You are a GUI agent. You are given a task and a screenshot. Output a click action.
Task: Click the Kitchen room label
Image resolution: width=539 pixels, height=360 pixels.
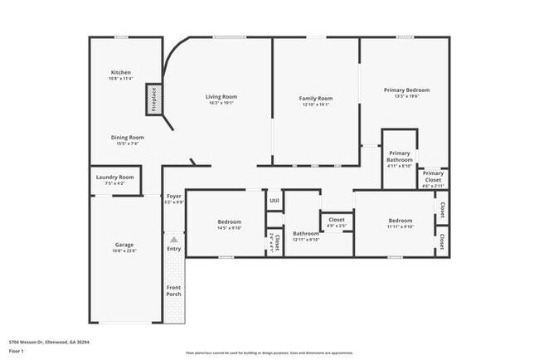[120, 73]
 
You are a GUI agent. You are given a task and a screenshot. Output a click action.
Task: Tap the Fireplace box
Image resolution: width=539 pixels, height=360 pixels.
[153, 98]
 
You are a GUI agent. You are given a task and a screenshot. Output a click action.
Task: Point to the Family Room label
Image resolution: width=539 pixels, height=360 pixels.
[315, 99]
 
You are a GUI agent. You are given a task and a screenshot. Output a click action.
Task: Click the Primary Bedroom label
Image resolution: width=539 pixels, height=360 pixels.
[406, 90]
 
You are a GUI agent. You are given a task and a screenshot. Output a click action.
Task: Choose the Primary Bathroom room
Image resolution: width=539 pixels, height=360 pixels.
[399, 156]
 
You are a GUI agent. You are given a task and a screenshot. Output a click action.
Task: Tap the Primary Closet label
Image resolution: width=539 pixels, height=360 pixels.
[433, 176]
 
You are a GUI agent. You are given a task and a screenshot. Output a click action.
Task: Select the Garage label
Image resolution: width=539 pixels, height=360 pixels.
[124, 245]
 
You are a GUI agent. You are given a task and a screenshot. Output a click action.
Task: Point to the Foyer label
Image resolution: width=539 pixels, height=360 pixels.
[172, 197]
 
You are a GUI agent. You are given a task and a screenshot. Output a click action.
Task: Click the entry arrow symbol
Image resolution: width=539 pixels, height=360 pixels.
[173, 239]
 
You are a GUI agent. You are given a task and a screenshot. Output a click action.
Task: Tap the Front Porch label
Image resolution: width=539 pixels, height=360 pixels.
[173, 291]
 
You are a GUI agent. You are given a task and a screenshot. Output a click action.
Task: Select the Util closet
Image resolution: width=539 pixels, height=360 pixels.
[274, 201]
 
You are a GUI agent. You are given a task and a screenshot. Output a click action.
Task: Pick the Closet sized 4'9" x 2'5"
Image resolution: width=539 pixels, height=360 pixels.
[336, 221]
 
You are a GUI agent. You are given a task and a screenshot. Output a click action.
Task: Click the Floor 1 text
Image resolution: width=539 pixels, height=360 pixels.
[17, 351]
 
